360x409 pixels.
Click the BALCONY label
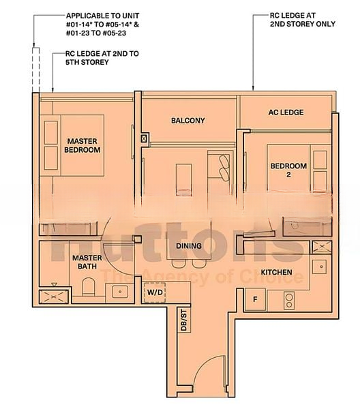pyautogui.click(x=187, y=121)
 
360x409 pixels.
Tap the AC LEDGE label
pyautogui.click(x=286, y=112)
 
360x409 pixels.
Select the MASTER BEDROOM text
pyautogui.click(x=82, y=146)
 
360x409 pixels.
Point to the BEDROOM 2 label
pyautogui.click(x=288, y=170)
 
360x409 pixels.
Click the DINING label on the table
pyautogui.click(x=189, y=245)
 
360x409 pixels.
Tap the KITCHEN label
pyautogui.click(x=277, y=272)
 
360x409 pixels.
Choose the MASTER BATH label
pyautogui.click(x=87, y=262)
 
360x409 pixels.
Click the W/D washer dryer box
pyautogui.click(x=155, y=292)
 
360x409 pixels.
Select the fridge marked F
pyautogui.click(x=255, y=299)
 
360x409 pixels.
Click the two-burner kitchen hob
pyautogui.click(x=289, y=301)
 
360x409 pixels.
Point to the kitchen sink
pyautogui.click(x=321, y=267)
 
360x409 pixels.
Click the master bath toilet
pyautogui.click(x=88, y=287)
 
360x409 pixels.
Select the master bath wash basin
pyautogui.click(x=120, y=292)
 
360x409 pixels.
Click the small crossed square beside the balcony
pyautogui.click(x=143, y=138)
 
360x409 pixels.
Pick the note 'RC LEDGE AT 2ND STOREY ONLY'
pyautogui.click(x=303, y=20)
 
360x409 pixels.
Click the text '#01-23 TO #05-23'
pyautogui.click(x=96, y=33)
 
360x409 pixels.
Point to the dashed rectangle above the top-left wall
pyautogui.click(x=36, y=70)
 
